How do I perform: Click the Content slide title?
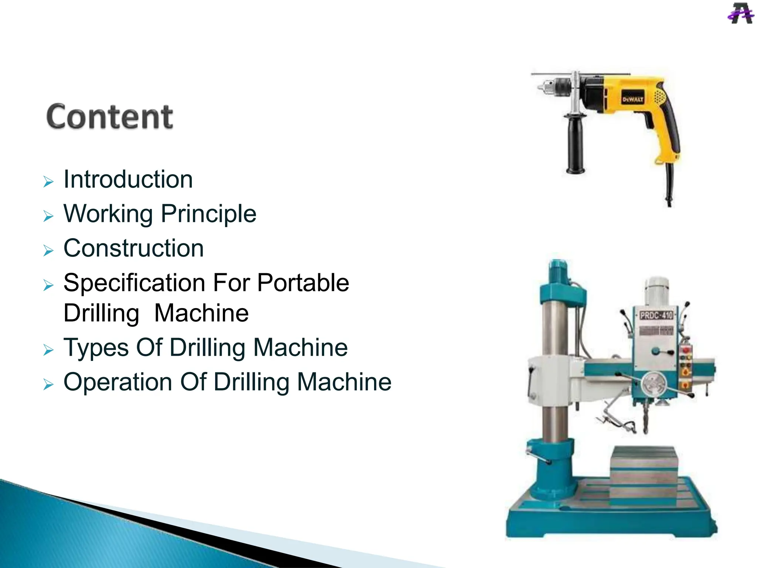(x=110, y=116)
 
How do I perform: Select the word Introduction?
(x=128, y=180)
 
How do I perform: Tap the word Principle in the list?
(x=208, y=214)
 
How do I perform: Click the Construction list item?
(x=133, y=248)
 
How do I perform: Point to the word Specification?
(x=134, y=283)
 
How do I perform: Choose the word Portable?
(x=303, y=283)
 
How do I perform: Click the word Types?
(x=96, y=348)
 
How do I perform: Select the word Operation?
(x=118, y=382)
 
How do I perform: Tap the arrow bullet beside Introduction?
(x=48, y=182)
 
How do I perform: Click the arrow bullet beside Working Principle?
(x=48, y=216)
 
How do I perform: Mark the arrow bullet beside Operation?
(x=48, y=384)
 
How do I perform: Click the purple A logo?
(x=740, y=14)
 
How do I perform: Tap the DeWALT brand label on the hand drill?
(x=633, y=99)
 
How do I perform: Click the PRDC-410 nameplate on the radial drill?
(x=656, y=315)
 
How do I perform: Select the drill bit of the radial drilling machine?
(x=645, y=418)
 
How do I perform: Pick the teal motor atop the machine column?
(x=558, y=274)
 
